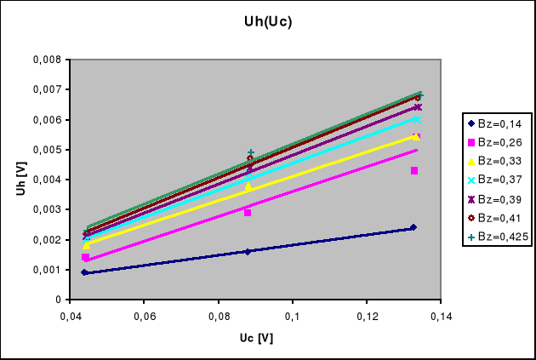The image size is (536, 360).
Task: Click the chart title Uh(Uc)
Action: tap(267, 21)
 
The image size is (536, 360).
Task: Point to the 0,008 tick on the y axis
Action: tap(47, 60)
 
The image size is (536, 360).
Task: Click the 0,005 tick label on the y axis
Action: tap(47, 150)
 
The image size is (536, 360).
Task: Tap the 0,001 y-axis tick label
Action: tap(47, 270)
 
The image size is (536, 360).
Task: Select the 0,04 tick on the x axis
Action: tap(69, 316)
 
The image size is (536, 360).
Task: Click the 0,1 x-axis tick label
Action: tap(293, 316)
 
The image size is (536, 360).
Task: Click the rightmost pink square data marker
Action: tap(414, 171)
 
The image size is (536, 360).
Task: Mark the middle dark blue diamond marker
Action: tap(248, 252)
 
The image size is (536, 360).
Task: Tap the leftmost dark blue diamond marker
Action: tap(84, 272)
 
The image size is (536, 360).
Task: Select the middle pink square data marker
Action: tap(248, 213)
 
